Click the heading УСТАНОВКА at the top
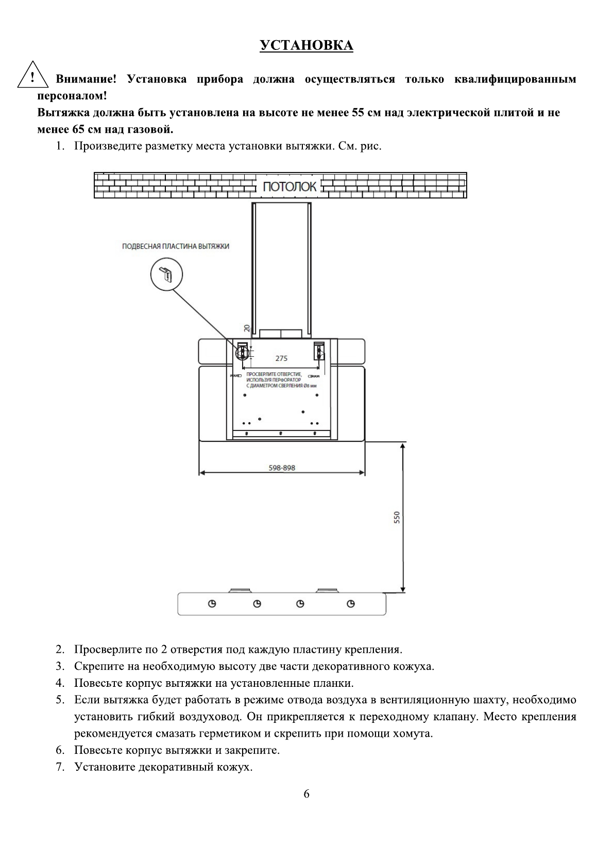pos(306,46)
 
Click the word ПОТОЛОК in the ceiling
pos(290,186)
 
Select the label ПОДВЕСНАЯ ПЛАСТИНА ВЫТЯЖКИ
pos(176,246)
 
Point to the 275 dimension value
pos(281,358)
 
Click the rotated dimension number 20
pos(247,328)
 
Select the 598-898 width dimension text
pos(282,468)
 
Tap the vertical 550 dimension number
pos(397,517)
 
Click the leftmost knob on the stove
pos(212,604)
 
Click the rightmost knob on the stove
pos(351,604)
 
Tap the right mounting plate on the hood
pos(319,351)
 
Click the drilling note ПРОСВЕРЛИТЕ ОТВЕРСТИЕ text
pos(274,374)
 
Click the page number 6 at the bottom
pos(306,793)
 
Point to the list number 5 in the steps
pos(60,700)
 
